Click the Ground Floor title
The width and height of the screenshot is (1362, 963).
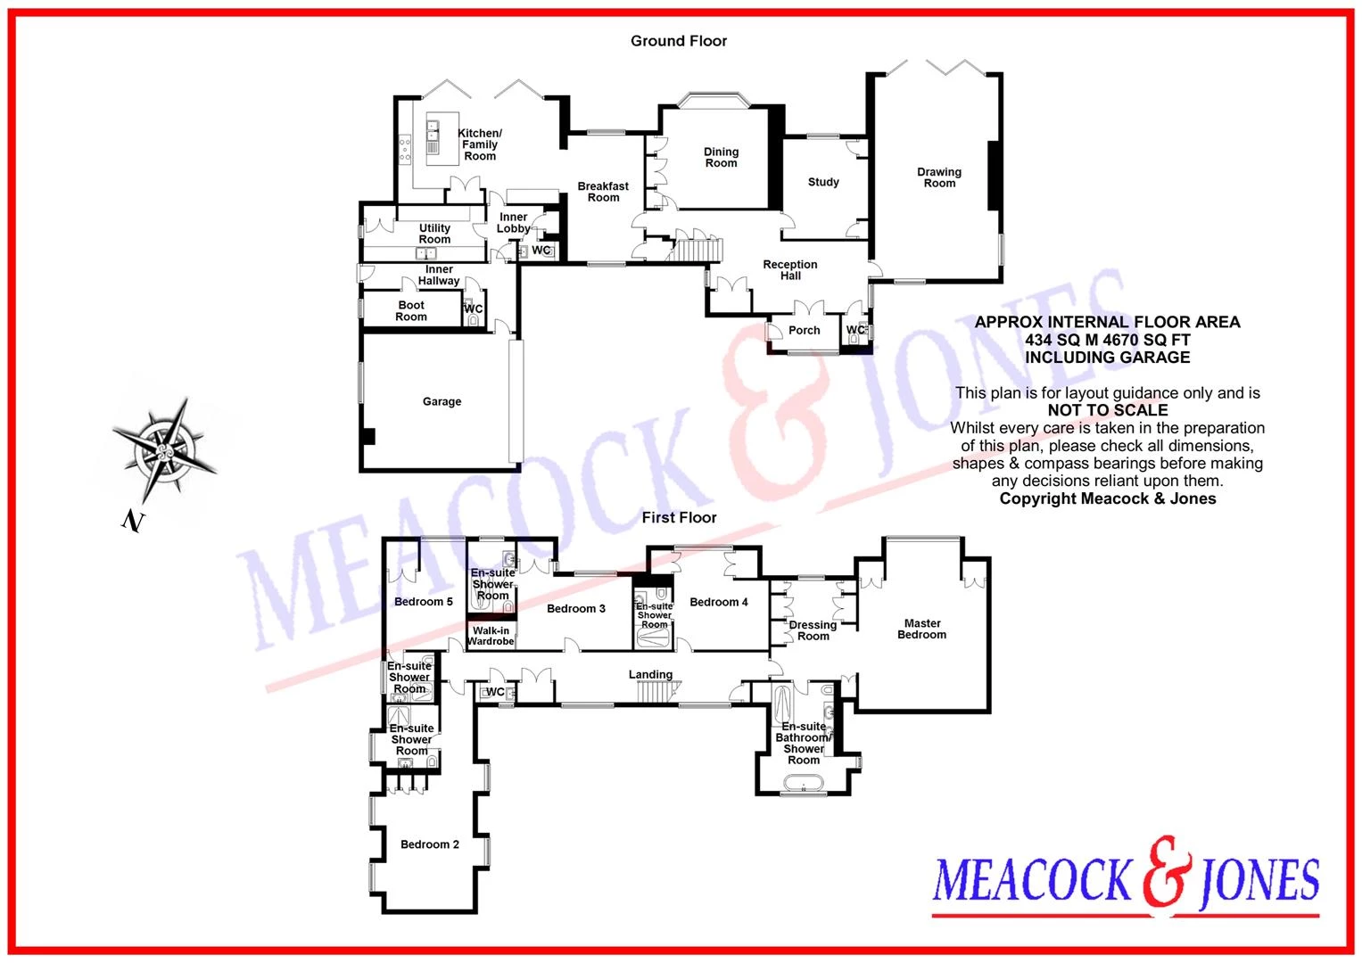pos(679,41)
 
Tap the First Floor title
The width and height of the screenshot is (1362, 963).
pos(679,517)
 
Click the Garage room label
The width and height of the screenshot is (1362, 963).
pos(442,401)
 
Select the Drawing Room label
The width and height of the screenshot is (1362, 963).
pos(939,177)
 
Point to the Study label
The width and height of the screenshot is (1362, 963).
pos(823,182)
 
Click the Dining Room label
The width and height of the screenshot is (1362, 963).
pos(721,158)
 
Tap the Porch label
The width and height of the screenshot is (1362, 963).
pos(805,330)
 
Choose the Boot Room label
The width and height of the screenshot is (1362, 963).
pos(412,310)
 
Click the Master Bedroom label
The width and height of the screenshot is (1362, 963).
pos(921,629)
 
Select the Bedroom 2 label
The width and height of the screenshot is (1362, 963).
pos(430,844)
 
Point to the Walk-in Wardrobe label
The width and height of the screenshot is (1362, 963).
pos(491,636)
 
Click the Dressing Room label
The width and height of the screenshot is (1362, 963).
pos(813,630)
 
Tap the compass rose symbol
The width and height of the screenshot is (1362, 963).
pos(164,450)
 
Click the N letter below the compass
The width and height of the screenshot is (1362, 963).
pos(133,521)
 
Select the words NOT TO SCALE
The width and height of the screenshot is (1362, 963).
pos(1107,410)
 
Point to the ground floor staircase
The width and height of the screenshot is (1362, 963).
pos(694,250)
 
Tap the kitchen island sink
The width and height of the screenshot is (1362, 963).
pos(433,131)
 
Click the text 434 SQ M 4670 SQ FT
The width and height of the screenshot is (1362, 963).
pos(1107,340)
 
